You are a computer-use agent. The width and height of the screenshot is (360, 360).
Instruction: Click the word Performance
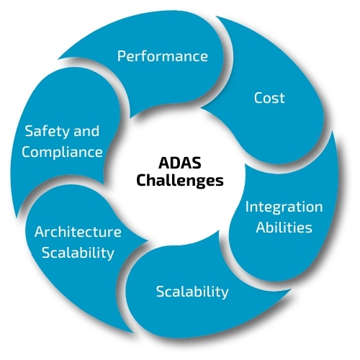point(163,56)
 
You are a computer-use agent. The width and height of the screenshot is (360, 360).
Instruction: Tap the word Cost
point(269,98)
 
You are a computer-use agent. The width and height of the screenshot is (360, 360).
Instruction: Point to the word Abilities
point(284,228)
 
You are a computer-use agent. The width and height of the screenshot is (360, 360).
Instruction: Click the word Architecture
point(78,232)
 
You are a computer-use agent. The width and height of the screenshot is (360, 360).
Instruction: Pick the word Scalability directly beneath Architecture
point(78,253)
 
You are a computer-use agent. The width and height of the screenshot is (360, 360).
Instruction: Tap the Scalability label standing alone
point(192,292)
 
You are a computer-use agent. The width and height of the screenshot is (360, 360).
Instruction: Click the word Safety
point(48,132)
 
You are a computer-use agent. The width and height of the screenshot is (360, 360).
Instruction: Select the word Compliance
point(62,153)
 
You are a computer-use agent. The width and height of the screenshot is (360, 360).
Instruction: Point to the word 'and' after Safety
point(86,132)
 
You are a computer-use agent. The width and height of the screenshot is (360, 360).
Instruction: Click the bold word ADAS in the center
point(180,163)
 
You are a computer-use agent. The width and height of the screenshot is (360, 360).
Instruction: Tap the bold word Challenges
point(180,181)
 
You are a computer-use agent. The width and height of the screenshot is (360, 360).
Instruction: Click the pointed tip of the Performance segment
point(58,58)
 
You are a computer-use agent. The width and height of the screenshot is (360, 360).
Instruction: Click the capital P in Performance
point(121,56)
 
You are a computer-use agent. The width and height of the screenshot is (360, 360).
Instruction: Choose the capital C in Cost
point(258,98)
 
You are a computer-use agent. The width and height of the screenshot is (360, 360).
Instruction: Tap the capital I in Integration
point(247,207)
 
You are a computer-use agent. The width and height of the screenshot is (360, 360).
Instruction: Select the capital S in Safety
point(30,132)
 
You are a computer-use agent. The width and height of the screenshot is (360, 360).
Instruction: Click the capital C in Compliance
point(27,152)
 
